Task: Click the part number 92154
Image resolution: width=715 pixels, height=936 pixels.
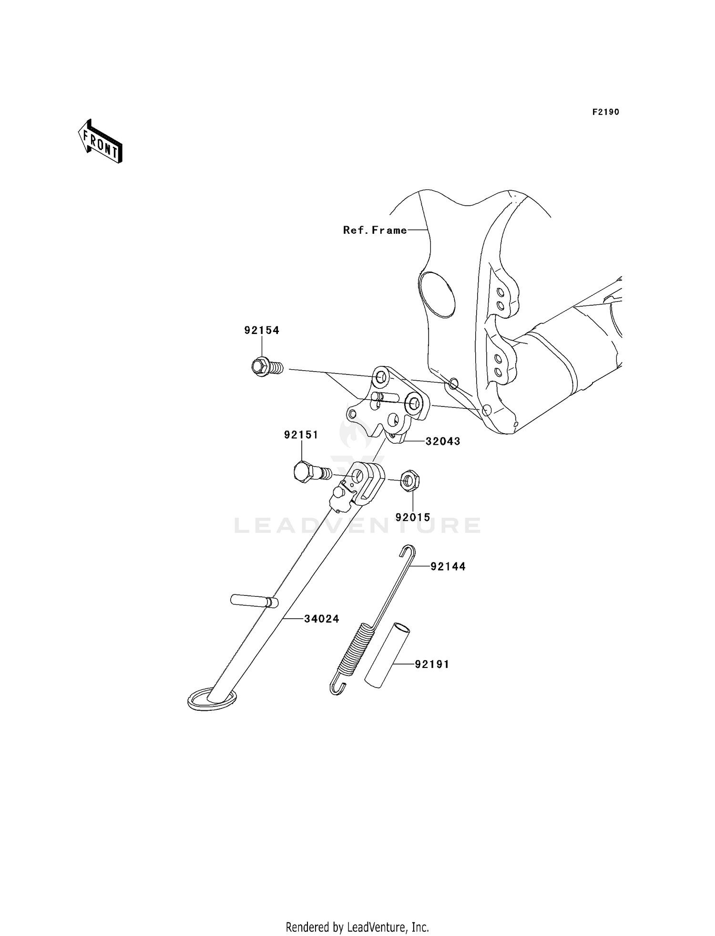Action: pyautogui.click(x=262, y=330)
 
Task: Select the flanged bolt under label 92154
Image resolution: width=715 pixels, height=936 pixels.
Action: pyautogui.click(x=267, y=367)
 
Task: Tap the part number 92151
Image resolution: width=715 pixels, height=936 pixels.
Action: pyautogui.click(x=301, y=435)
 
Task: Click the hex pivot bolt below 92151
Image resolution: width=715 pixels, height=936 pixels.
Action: pyautogui.click(x=313, y=472)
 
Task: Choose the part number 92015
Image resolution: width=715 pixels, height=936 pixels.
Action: pyautogui.click(x=413, y=517)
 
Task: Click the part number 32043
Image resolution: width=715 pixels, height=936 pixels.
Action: pyautogui.click(x=443, y=441)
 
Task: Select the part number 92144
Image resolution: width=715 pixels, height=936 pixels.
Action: pyautogui.click(x=448, y=566)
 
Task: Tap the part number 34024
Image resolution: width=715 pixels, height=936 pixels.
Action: pyautogui.click(x=322, y=619)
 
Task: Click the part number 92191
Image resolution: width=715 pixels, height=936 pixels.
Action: pyautogui.click(x=432, y=664)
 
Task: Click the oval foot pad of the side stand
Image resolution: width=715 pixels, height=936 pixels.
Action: pyautogui.click(x=212, y=699)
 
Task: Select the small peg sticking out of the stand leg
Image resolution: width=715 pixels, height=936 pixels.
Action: pyautogui.click(x=254, y=601)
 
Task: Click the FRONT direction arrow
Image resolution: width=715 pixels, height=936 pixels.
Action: pyautogui.click(x=100, y=142)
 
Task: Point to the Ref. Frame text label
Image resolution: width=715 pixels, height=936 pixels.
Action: pyautogui.click(x=375, y=230)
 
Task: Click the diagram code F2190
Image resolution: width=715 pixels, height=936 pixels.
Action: pyautogui.click(x=606, y=112)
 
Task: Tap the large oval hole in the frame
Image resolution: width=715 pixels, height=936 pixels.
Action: pyautogui.click(x=437, y=294)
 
